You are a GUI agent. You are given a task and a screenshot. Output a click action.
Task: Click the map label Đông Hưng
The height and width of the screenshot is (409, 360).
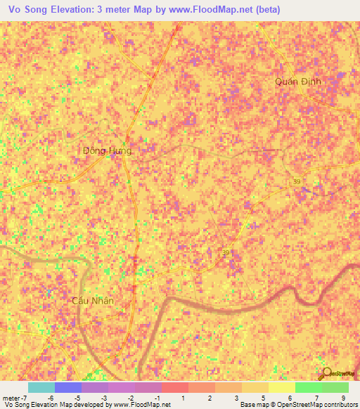pos(107,150)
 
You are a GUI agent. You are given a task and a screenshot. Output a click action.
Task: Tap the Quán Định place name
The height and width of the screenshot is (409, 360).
pos(298,82)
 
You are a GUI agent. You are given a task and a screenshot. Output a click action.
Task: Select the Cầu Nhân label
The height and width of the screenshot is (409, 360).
pos(93,300)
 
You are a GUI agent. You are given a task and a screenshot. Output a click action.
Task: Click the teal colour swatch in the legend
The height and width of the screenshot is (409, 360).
pos(41,387)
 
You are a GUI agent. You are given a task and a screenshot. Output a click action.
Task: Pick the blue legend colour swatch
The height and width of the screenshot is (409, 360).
pos(67,387)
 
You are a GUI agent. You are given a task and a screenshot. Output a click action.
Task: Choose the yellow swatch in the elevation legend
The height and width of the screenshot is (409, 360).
pos(281,387)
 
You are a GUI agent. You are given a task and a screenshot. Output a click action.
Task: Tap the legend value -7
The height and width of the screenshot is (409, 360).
pos(25,397)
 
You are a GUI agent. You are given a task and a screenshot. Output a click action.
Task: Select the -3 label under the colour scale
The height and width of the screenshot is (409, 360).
pos(103,397)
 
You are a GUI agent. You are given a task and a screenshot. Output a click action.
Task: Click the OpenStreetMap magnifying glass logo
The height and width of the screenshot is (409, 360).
pos(325,373)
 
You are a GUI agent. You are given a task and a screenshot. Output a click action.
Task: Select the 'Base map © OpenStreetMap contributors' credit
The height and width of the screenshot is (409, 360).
pos(298,405)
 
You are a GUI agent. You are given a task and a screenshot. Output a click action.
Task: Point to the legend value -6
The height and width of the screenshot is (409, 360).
pos(51,397)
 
